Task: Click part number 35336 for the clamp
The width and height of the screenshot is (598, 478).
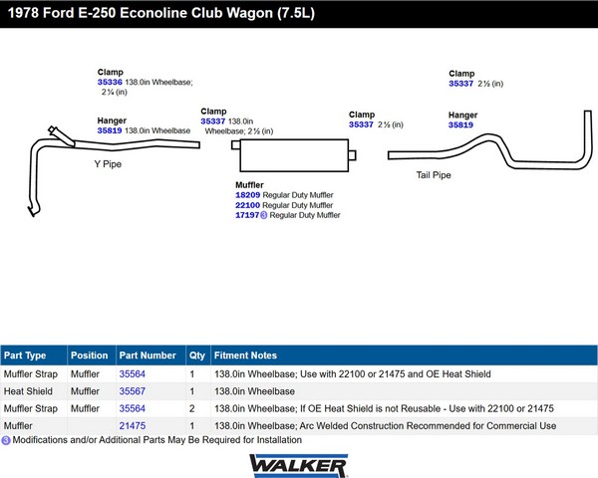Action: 110,82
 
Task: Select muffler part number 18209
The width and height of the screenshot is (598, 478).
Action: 247,195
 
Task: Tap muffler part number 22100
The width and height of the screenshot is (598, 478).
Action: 247,205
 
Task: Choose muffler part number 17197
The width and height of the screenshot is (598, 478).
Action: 247,215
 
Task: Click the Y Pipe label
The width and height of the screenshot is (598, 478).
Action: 108,164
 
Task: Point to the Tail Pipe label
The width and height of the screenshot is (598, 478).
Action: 434,175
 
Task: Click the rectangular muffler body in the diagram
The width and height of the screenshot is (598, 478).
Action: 294,155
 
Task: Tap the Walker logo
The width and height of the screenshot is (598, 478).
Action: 298,465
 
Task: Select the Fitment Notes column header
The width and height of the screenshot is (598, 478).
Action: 245,356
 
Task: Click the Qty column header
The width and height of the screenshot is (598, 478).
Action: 197,356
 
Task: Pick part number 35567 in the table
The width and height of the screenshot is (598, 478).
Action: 133,391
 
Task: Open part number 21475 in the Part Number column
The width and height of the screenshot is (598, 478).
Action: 133,426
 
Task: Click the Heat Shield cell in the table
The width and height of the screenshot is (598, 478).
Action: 28,391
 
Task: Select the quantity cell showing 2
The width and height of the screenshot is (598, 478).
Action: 191,408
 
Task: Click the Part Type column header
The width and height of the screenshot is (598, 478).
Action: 25,356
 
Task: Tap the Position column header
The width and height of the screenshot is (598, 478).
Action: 90,356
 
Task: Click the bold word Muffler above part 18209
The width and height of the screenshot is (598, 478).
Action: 249,185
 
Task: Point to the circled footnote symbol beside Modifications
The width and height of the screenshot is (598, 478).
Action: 6,440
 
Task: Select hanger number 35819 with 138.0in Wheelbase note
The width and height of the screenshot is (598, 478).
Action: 110,130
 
